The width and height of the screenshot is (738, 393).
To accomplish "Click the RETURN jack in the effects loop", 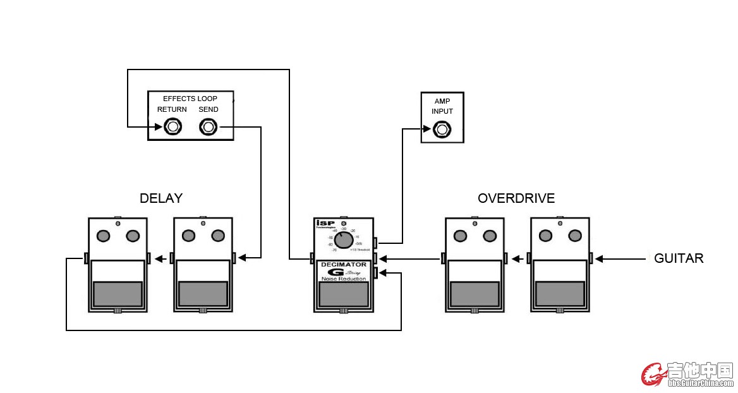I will (172, 127).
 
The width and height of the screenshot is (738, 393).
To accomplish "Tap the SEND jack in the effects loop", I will (208, 127).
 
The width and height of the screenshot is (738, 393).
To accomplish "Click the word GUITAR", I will (679, 258).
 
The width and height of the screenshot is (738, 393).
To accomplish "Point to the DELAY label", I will (161, 198).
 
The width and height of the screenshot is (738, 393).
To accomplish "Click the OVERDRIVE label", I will (516, 198).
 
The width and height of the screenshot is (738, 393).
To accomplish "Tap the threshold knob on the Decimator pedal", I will (343, 240).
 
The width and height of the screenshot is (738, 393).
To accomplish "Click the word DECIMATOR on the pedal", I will (343, 265).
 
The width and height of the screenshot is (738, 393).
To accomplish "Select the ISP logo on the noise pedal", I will (322, 223).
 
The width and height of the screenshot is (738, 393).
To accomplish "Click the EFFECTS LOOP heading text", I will (190, 99).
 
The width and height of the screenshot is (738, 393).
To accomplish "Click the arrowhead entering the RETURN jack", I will (159, 127).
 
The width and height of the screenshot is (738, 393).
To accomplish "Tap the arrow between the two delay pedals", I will (160, 258).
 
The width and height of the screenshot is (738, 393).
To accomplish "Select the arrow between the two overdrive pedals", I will (517, 258).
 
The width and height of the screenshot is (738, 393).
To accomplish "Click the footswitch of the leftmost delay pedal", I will (118, 294).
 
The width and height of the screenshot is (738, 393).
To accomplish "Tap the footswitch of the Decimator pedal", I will (343, 294).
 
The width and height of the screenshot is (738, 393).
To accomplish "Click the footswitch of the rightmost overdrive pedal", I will (560, 294).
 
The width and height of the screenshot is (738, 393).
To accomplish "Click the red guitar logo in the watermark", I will (653, 374).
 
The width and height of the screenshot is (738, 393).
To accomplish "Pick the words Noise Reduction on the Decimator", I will (343, 279).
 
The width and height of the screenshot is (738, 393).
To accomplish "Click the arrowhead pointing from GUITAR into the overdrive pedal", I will (600, 258).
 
